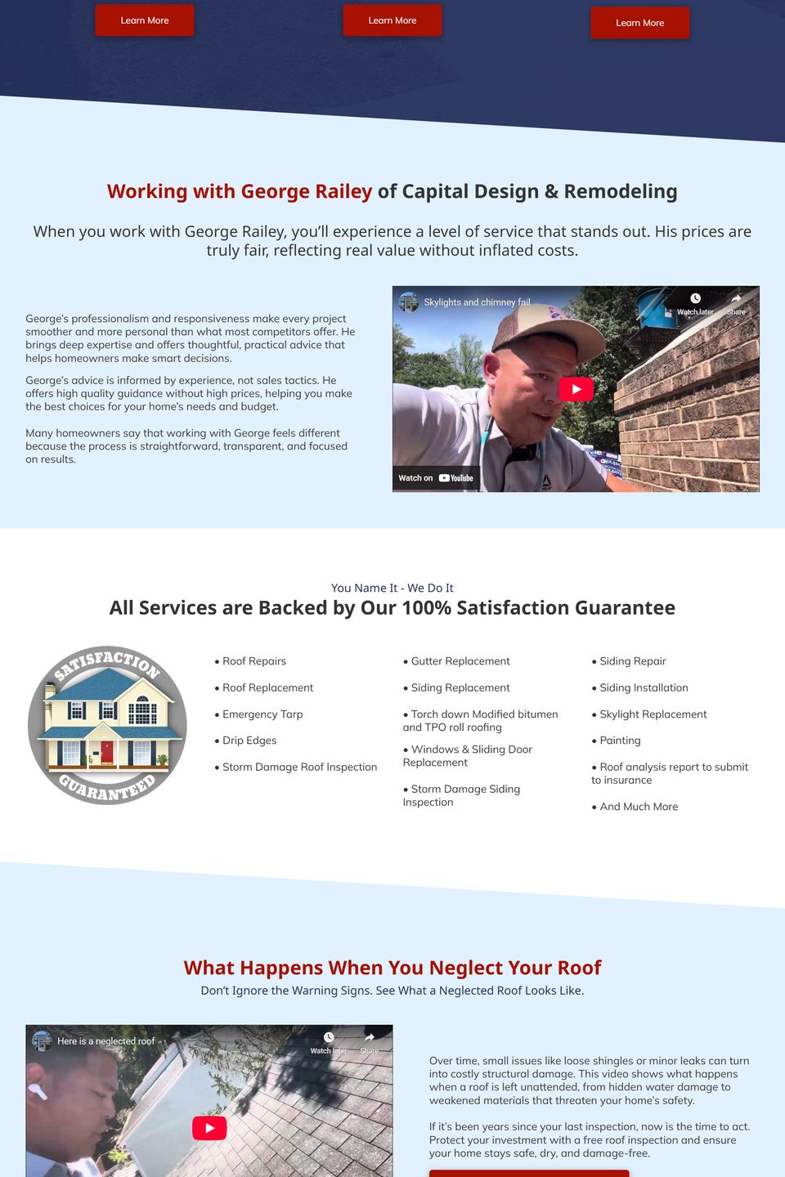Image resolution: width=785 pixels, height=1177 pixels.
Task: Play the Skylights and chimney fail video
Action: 576,389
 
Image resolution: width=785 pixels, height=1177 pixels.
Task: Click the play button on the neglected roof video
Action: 209,1128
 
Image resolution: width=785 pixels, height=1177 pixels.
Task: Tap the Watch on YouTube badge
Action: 436,478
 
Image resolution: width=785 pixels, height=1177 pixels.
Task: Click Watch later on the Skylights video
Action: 695,304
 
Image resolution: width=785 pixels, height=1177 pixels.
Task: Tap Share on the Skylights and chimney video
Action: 736,304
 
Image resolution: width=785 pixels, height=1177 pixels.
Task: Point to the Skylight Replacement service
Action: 653,714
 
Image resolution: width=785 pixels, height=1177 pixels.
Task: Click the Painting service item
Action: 620,741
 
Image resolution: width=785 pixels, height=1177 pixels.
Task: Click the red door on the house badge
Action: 106,751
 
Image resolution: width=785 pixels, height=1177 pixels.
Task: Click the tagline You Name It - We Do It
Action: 392,588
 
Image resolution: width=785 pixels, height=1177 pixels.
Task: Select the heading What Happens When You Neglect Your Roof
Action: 392,968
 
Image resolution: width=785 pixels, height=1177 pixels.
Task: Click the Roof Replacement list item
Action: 267,688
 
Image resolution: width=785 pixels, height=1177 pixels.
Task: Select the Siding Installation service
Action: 644,688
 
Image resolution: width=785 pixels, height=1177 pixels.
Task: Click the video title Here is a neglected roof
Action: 105,1041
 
